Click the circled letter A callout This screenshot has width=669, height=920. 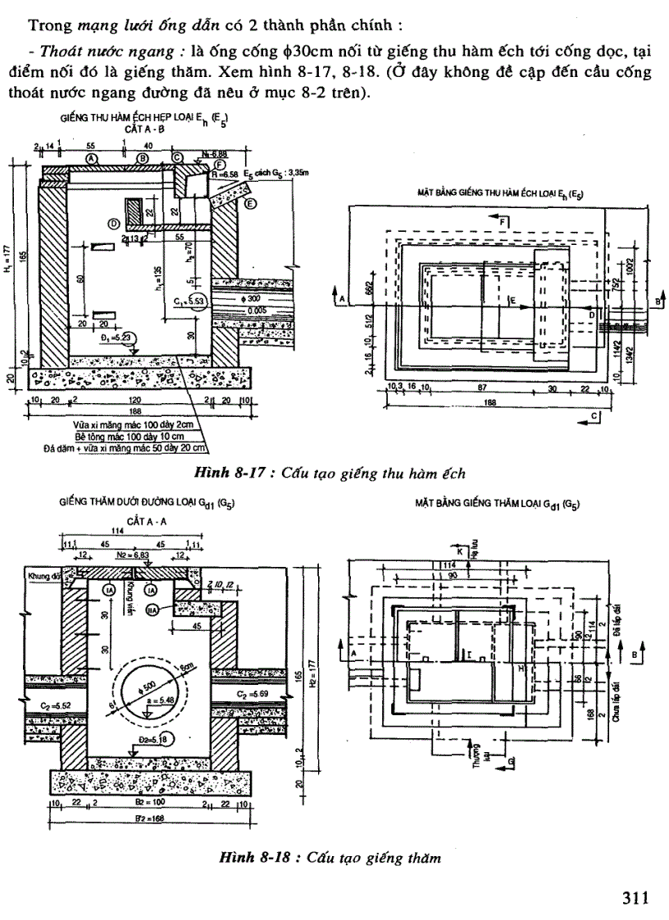(x=91, y=156)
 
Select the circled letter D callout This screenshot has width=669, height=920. (x=114, y=223)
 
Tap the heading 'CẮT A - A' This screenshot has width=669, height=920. (x=143, y=519)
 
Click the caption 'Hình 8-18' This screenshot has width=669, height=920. (x=246, y=858)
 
